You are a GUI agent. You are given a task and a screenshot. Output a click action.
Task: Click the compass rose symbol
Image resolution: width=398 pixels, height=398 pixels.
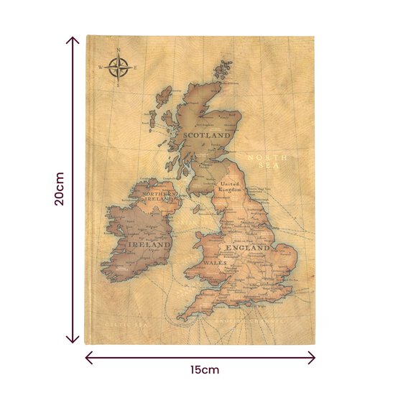119,68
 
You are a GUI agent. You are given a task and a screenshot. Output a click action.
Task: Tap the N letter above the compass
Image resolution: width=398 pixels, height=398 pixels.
119,50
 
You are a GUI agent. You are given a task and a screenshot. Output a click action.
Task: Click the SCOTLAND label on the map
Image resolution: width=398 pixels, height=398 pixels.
206,134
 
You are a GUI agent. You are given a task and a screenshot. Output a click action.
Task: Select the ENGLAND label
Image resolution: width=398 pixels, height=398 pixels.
248,248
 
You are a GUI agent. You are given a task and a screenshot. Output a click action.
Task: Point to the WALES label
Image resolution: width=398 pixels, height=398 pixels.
216,263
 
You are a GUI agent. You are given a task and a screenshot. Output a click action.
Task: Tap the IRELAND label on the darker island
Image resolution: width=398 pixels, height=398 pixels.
149,244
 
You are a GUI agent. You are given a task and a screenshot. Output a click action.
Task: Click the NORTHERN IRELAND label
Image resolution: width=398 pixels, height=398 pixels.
160,197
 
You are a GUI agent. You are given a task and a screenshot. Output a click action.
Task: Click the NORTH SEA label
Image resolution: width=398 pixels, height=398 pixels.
267,161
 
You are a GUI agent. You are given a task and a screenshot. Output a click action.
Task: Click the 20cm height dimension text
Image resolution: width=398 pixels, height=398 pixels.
60,189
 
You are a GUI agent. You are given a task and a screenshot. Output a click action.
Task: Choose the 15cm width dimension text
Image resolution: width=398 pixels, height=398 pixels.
205,370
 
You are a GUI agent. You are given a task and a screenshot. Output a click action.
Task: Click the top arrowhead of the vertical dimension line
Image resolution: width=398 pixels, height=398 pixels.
73,39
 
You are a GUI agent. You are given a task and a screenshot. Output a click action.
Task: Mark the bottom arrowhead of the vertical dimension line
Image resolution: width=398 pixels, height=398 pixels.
73,340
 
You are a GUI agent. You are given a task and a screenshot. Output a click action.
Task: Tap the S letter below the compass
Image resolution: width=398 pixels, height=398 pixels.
119,86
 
